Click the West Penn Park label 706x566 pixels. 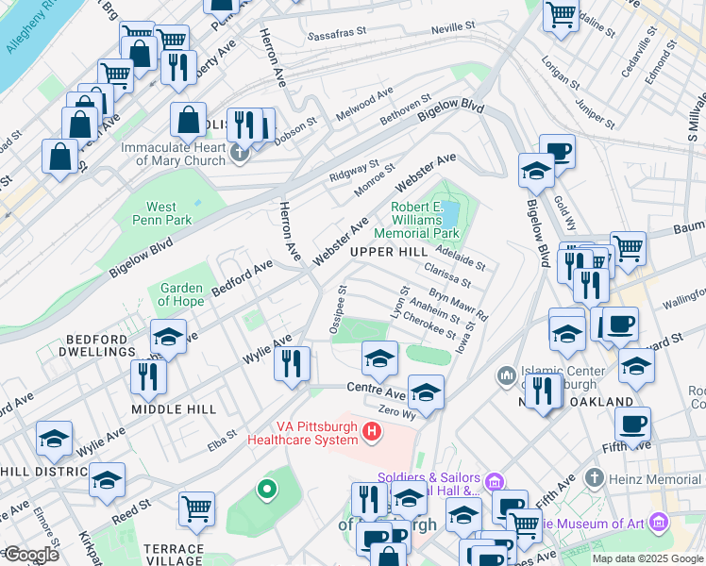click(161, 213)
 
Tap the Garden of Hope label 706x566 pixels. click(182, 294)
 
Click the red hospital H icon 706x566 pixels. click(372, 433)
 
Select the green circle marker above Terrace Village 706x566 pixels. click(267, 489)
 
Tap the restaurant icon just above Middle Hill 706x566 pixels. click(148, 376)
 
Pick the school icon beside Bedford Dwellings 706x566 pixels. click(168, 337)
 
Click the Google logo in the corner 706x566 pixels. click(31, 555)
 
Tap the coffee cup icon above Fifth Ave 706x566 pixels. click(631, 424)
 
